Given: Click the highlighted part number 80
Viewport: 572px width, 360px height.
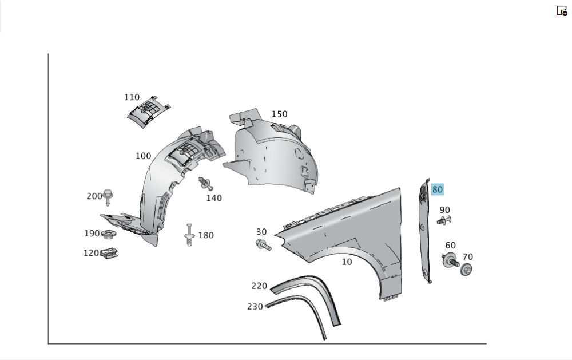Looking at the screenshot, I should click(437, 189).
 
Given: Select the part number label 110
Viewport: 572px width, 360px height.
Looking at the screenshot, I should click(132, 97).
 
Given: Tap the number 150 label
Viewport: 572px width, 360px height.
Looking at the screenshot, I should click(279, 114).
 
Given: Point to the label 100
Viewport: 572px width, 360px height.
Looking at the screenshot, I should click(143, 156).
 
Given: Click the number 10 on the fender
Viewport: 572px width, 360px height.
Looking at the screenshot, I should click(347, 262).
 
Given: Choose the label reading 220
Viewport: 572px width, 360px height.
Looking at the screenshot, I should click(259, 286).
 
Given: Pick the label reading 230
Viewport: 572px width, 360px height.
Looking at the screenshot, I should click(255, 306).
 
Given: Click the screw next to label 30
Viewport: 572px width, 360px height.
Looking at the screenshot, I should click(263, 245).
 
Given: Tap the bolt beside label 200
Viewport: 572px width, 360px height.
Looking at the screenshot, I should click(108, 196).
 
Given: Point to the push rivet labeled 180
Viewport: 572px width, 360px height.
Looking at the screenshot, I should click(189, 235).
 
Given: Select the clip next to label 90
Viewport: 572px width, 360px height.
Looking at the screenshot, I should click(443, 221).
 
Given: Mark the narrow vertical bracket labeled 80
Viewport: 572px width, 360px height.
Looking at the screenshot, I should click(424, 229).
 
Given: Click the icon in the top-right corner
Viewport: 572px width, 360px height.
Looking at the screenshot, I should click(562, 10).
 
